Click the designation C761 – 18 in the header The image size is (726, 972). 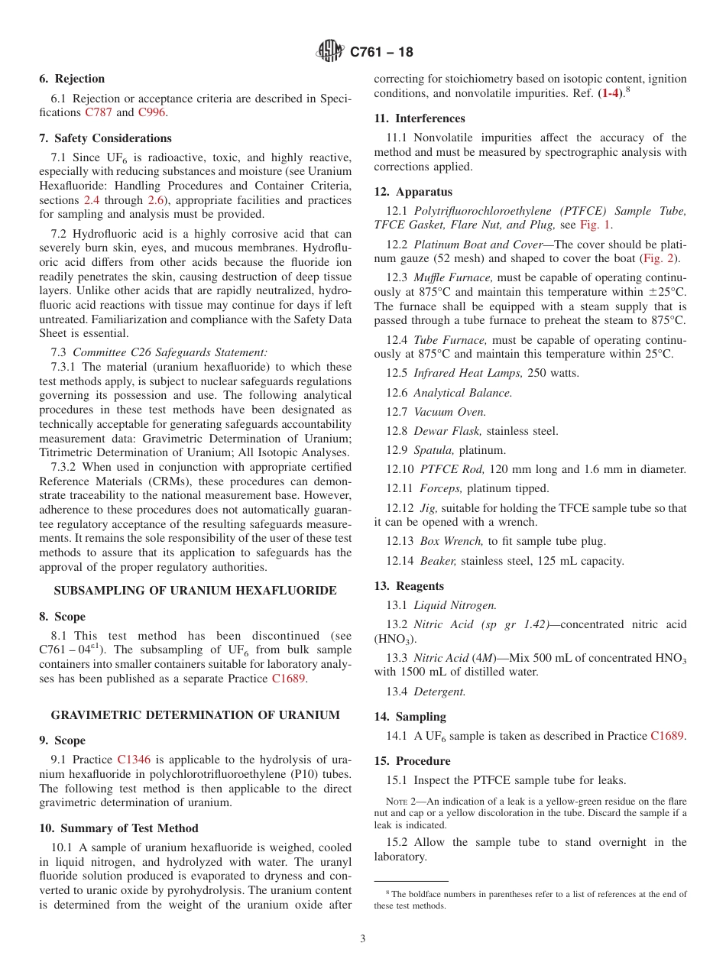click(381, 52)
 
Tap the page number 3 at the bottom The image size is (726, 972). click(363, 939)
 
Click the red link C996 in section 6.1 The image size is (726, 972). click(151, 112)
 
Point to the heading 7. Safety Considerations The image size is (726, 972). click(105, 138)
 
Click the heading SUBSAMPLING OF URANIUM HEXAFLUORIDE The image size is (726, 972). click(195, 591)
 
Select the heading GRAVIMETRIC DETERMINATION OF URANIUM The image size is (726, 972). click(195, 715)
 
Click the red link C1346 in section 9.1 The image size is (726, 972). click(134, 760)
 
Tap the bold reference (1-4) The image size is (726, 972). click(609, 93)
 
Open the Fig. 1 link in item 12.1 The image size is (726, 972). click(595, 225)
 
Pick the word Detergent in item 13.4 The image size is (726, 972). click(439, 692)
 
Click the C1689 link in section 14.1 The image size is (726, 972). click(667, 736)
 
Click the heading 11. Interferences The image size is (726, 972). click(419, 118)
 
